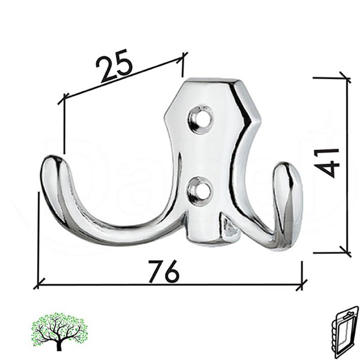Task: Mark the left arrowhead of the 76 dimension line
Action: click(x=39, y=286)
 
